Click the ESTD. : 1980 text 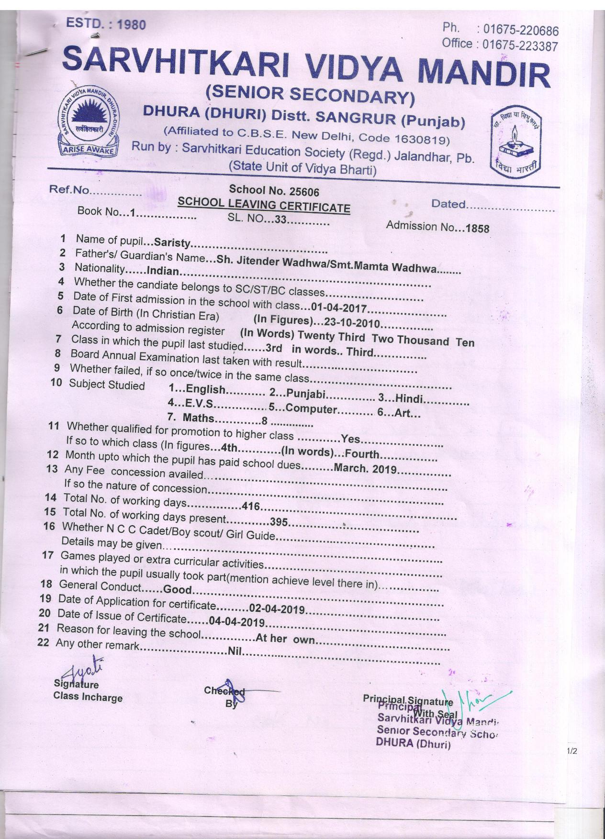click(x=106, y=23)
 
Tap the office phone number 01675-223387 click(x=520, y=45)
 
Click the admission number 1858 click(x=477, y=228)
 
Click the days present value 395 click(x=279, y=522)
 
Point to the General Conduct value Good click(x=177, y=589)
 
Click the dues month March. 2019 click(x=365, y=468)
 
